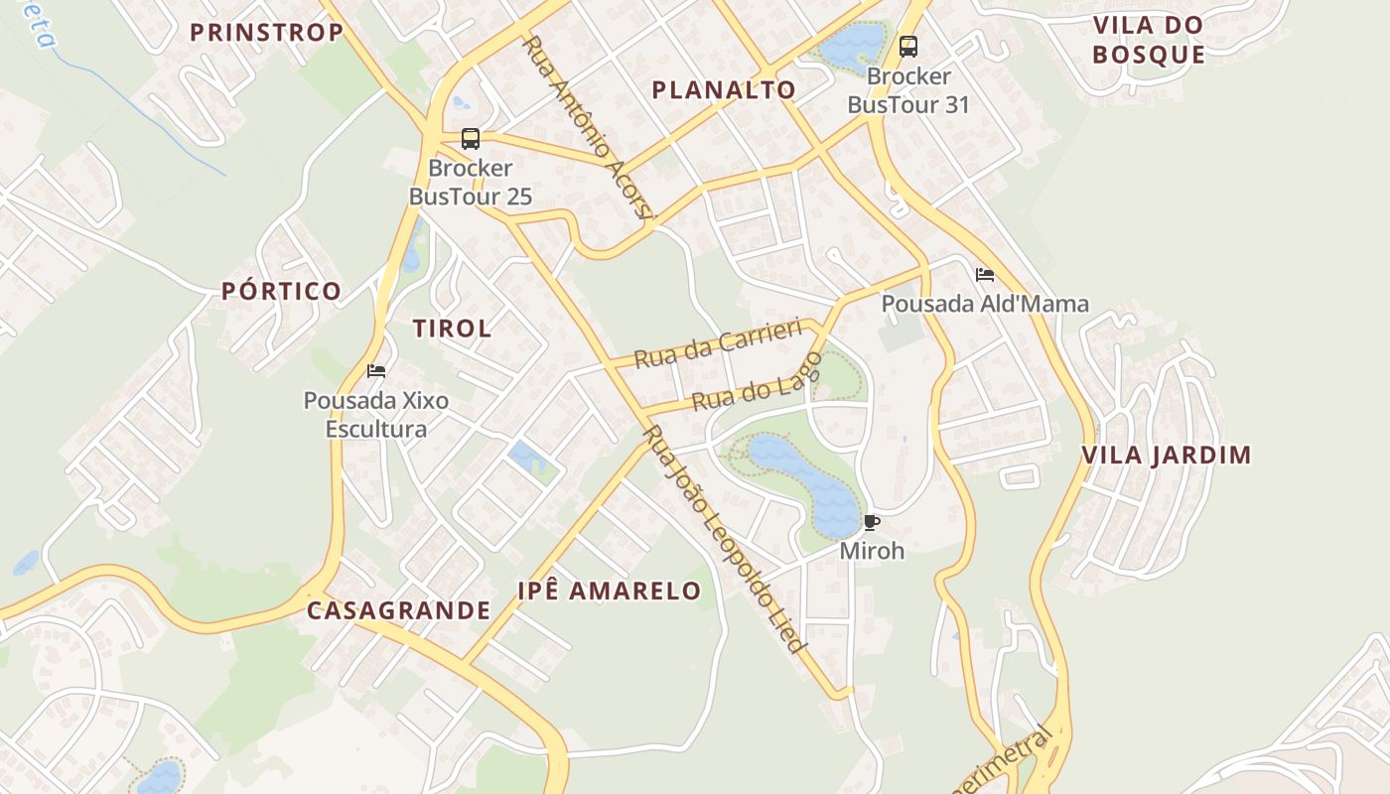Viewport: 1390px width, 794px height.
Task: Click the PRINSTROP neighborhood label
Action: click(266, 33)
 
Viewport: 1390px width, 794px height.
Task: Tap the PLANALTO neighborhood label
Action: click(724, 90)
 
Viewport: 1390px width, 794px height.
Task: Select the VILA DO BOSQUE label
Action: click(1149, 40)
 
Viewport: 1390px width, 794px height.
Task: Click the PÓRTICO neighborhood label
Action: click(281, 291)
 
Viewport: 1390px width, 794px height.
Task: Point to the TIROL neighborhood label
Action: click(452, 329)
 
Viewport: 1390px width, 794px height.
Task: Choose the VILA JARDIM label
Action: click(1166, 456)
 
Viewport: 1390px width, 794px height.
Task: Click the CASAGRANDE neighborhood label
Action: click(398, 610)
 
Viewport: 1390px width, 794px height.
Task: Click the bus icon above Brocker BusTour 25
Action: click(471, 139)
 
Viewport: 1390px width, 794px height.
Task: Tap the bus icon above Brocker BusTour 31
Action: click(907, 47)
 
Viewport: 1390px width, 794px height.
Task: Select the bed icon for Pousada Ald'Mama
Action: click(985, 275)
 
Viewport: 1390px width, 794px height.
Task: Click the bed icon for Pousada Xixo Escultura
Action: click(376, 371)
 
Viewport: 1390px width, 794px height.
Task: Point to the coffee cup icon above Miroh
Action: click(872, 522)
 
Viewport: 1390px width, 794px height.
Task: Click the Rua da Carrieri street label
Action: click(718, 343)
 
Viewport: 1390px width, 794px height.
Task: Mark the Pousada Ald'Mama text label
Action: click(985, 304)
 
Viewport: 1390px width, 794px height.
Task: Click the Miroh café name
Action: click(872, 550)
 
